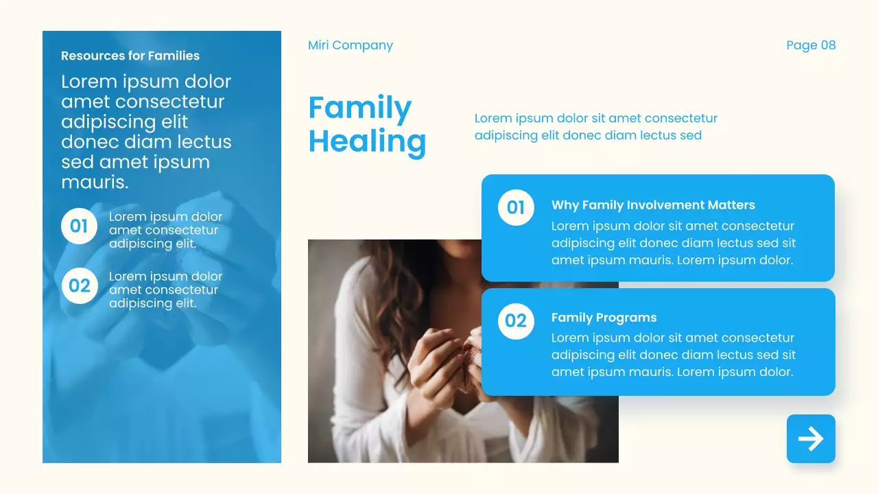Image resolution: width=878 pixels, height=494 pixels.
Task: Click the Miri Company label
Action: (x=350, y=45)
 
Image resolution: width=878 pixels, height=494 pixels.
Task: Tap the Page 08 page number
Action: (x=811, y=45)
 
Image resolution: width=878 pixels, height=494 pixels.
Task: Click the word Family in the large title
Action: (x=359, y=108)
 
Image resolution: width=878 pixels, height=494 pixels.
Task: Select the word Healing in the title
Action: (x=367, y=141)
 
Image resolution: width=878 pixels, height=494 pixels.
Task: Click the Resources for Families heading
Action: (x=130, y=56)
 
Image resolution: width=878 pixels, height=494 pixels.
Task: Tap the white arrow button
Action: (x=811, y=439)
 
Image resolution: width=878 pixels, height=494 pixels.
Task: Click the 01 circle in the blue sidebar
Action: (x=79, y=226)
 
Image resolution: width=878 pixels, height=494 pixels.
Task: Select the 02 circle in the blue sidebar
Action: (x=79, y=285)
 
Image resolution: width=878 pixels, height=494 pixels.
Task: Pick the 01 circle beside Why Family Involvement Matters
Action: (x=516, y=207)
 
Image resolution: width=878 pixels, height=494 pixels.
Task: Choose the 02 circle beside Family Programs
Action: (x=516, y=320)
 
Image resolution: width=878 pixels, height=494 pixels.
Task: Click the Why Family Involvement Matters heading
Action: (x=653, y=205)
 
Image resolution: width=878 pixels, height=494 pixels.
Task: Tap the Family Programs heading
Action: (x=604, y=318)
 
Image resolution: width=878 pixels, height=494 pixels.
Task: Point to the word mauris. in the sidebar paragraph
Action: (x=95, y=183)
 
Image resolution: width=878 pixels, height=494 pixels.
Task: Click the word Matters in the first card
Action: (x=731, y=205)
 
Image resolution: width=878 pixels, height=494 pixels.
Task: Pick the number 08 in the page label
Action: (x=828, y=45)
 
